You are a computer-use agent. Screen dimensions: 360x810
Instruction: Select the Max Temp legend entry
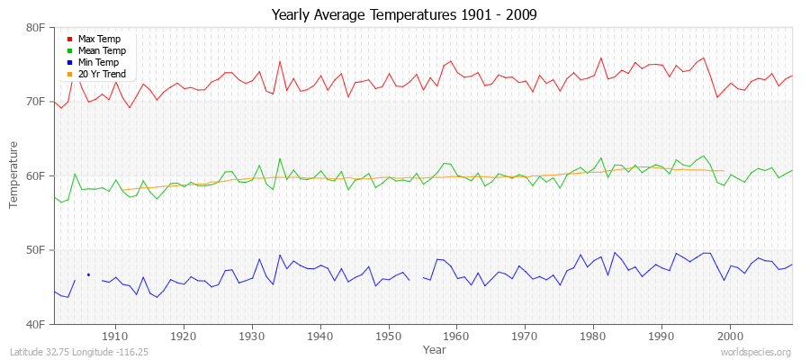coord(99,39)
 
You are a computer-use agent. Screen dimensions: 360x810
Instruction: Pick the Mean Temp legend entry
coord(101,50)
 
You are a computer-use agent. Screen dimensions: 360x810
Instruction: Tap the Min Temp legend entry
coord(99,62)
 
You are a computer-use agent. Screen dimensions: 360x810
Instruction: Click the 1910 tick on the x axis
coord(115,336)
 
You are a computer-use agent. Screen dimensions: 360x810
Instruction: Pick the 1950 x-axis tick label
coord(388,336)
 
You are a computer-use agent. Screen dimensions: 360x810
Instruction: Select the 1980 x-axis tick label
coord(592,336)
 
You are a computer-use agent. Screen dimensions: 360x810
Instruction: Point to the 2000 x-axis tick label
coord(729,336)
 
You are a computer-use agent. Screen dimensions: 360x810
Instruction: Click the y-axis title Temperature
coord(13,175)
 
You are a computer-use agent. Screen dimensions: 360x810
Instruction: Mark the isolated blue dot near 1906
coord(88,274)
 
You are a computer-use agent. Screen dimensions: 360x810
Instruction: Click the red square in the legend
coord(69,39)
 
